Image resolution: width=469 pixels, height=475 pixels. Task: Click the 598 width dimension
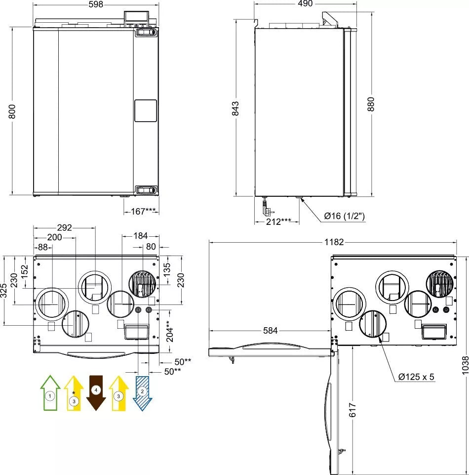point(96,4)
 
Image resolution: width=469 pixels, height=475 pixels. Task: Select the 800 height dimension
point(12,111)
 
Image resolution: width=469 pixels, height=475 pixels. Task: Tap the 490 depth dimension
point(305,3)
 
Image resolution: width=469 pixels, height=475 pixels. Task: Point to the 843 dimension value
point(235,108)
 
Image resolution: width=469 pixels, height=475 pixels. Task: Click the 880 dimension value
point(371,104)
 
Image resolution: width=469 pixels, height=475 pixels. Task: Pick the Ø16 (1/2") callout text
point(344,216)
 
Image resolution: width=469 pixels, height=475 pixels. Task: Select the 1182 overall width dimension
point(334,242)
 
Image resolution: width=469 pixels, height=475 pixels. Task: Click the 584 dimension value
point(270,331)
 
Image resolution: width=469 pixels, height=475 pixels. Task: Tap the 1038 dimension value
point(465,365)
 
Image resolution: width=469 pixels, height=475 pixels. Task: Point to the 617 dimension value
point(352,410)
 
